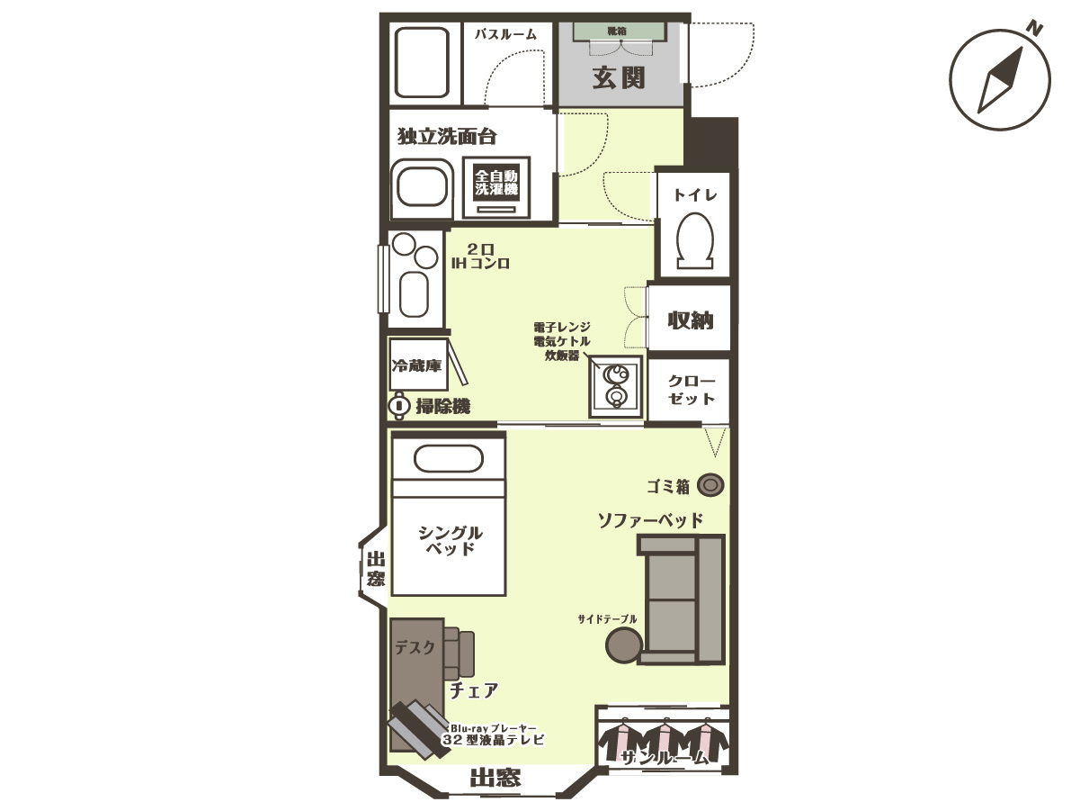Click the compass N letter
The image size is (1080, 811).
point(1034,29)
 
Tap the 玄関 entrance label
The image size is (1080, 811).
point(619,77)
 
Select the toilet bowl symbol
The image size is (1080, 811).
point(695,240)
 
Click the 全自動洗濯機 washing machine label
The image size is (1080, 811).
point(496,182)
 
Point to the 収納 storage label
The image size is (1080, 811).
point(690,320)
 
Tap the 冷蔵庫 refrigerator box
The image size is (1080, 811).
point(419,365)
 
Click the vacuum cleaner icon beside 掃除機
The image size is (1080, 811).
point(399,406)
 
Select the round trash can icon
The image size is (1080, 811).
point(710,485)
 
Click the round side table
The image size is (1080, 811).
point(624,645)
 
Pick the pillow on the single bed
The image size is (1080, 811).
point(448,458)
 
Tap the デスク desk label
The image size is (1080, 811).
point(415,647)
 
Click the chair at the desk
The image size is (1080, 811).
point(459,652)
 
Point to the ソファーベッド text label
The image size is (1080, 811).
point(650,520)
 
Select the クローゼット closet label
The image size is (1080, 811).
point(692,390)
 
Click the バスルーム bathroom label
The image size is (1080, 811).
point(505,34)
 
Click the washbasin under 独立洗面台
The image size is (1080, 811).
point(422,187)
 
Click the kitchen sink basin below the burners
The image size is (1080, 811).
point(414,294)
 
